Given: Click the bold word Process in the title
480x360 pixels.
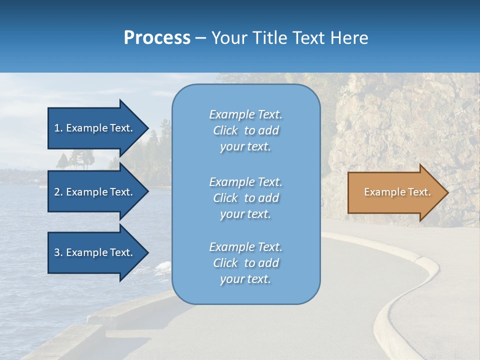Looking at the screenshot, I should (x=157, y=38).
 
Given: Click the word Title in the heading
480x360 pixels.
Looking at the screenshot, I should (x=269, y=38).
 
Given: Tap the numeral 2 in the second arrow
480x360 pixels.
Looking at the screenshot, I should (x=57, y=192).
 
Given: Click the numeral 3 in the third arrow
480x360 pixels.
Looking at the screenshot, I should (x=57, y=252).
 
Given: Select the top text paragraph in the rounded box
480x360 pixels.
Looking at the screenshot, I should (x=245, y=130).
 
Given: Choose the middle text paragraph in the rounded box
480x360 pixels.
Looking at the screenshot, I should (x=245, y=198).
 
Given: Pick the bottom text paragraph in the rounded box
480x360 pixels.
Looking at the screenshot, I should (x=245, y=263).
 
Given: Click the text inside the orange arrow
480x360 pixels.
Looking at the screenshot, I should (x=397, y=192).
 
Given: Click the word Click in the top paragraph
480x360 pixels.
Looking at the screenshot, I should (x=225, y=130).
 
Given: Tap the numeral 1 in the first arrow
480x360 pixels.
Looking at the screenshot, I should (x=57, y=128).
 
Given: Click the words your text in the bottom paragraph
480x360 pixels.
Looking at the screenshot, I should (x=245, y=279).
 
